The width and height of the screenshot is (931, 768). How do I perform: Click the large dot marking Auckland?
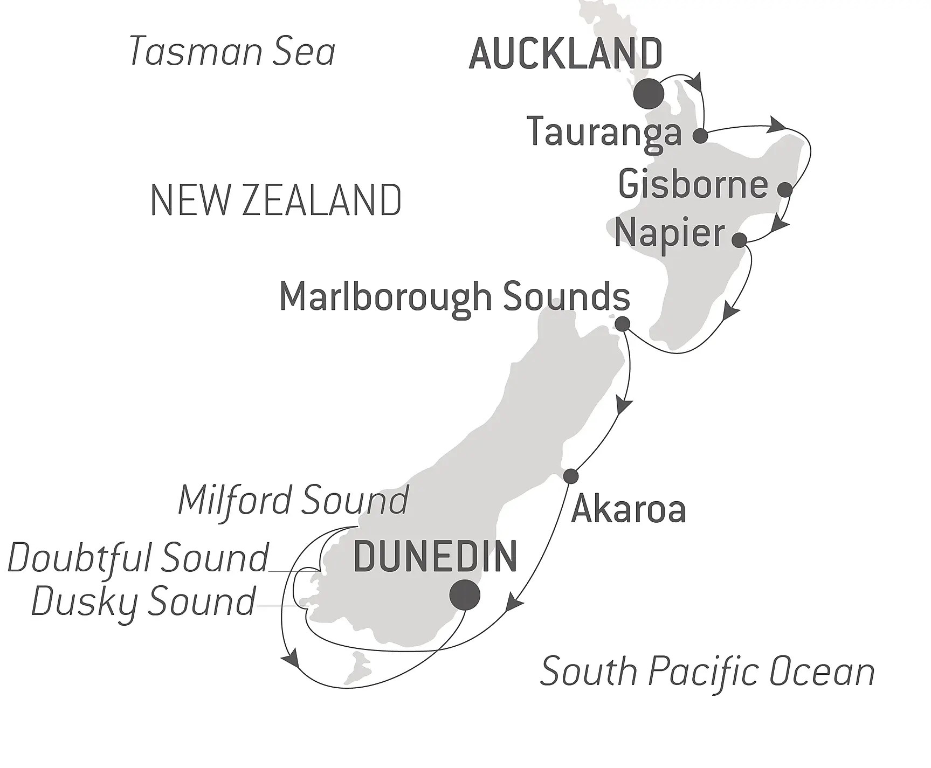point(649,94)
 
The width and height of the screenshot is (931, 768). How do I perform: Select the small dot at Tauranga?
point(700,136)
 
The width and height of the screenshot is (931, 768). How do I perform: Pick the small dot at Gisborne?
point(785,189)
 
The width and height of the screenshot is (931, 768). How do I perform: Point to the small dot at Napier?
point(739,240)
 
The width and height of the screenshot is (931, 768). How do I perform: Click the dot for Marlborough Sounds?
point(622,324)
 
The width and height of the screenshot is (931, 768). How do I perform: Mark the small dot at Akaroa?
point(570,476)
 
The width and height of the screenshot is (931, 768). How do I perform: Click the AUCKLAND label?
point(566,54)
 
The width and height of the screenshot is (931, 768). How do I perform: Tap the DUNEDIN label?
point(435,557)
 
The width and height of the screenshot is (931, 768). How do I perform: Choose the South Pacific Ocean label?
point(707,672)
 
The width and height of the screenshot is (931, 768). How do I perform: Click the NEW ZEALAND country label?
point(275,200)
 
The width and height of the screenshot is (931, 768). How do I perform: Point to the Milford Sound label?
point(293,500)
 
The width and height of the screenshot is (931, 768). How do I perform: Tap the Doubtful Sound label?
point(138,558)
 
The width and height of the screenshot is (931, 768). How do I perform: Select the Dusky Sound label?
point(143,601)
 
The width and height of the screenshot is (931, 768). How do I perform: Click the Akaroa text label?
point(628,509)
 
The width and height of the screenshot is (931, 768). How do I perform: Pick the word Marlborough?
point(385,297)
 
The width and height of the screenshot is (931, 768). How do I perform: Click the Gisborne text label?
point(693,184)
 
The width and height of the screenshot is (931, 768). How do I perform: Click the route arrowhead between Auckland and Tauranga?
point(695,82)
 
